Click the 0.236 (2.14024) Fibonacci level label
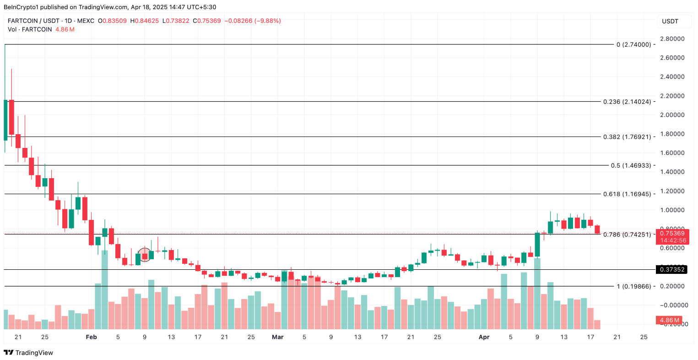pos(627,102)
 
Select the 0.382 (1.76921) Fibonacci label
pos(627,137)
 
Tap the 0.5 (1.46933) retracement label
pos(631,165)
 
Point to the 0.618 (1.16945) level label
pos(627,194)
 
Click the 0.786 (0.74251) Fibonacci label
pos(627,235)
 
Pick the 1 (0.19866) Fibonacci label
pos(633,286)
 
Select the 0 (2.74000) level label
pos(633,44)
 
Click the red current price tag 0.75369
pos(672,234)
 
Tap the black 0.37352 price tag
pos(672,269)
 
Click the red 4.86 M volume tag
pos(669,320)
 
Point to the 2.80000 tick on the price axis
pos(672,38)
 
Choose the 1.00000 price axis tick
pos(672,210)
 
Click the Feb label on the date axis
pos(92,337)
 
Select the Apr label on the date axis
pos(484,337)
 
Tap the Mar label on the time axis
pos(277,337)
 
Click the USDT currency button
pos(670,21)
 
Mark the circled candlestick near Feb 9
pos(145,255)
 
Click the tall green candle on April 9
pos(537,244)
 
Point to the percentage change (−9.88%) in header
pos(267,21)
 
